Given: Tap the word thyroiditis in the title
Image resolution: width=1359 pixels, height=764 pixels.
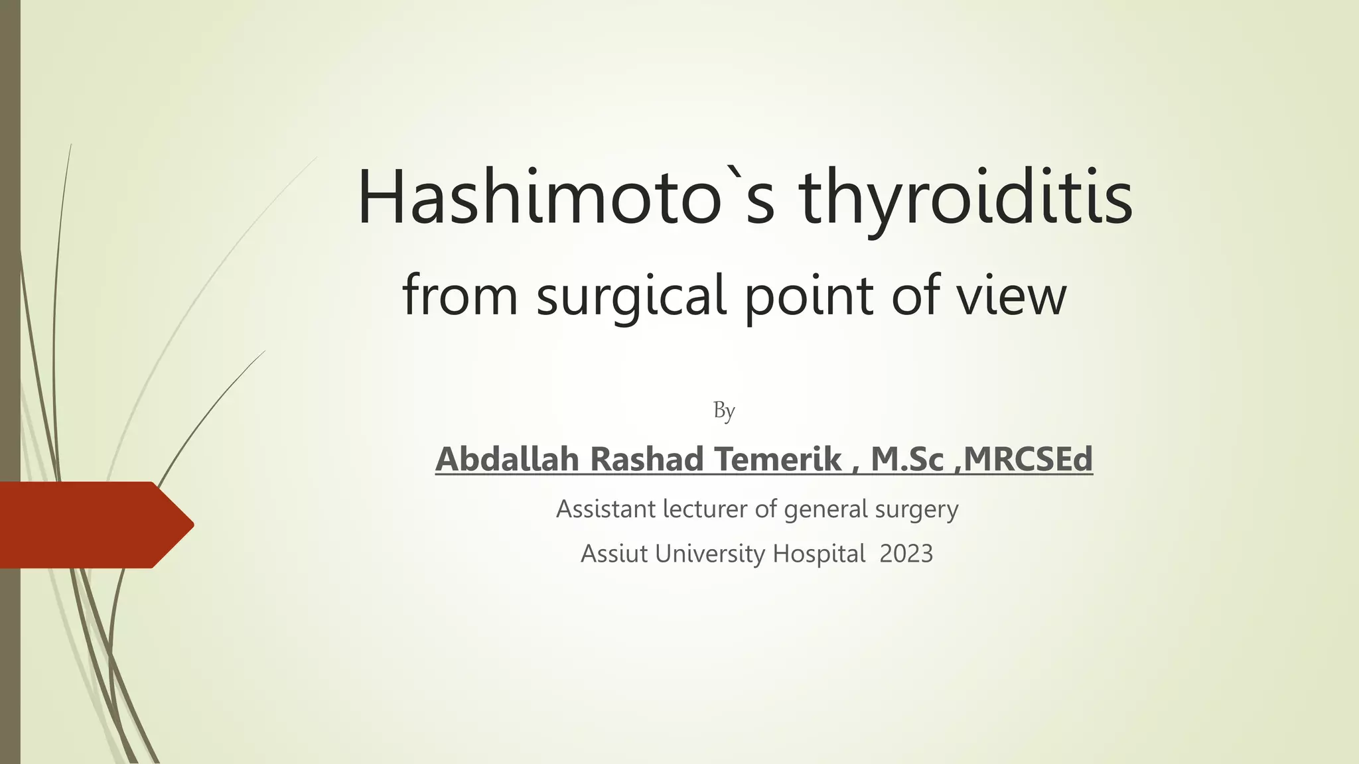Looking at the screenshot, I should [x=966, y=199].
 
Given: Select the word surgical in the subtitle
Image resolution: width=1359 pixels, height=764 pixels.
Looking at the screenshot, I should [x=631, y=296].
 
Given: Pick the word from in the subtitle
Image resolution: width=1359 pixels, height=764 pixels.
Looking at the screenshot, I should [x=459, y=295].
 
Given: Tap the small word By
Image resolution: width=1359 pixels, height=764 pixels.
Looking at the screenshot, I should [x=724, y=411].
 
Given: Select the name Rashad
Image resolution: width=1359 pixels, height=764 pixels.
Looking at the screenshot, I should [x=647, y=459].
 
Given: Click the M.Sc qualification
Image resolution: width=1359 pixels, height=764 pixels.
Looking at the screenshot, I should [x=906, y=459].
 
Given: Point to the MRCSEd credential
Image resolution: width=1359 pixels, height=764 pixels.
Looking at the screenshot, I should [x=1028, y=459].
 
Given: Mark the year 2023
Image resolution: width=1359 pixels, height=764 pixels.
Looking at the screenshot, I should [x=906, y=554].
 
